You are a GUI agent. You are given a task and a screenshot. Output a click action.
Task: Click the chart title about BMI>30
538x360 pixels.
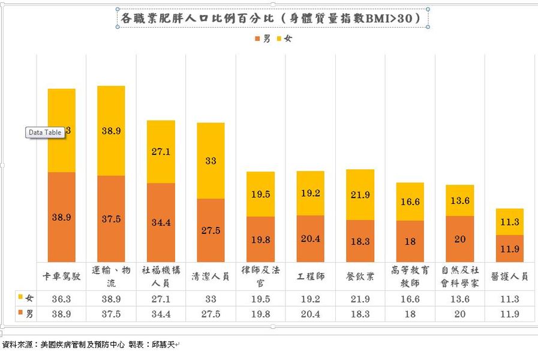pos(273,18)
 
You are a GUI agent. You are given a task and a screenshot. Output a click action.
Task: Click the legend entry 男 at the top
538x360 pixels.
pos(263,39)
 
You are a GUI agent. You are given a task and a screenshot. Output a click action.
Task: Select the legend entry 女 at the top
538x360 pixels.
pos(284,39)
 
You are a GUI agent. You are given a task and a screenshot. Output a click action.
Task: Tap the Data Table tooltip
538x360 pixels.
pos(45,133)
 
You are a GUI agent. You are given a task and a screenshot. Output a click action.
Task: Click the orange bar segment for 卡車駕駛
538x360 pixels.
pos(62,217)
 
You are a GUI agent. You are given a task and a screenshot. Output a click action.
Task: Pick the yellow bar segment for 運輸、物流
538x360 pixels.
pos(111,130)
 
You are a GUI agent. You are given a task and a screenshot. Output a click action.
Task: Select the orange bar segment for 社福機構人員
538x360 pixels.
pos(161,222)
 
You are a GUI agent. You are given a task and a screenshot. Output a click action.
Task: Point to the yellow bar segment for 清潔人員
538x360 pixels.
pos(211,161)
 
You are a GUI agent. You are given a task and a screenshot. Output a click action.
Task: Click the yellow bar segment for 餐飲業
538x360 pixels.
pos(360,196)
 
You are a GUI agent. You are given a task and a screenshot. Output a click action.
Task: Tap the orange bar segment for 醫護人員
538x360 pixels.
pos(509,248)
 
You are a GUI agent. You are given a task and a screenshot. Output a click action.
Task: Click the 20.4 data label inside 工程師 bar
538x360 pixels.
pos(310,239)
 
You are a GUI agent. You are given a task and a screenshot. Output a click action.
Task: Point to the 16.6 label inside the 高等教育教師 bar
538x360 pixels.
pos(410,202)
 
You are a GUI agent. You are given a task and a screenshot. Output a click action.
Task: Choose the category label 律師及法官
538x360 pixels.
pos(260,277)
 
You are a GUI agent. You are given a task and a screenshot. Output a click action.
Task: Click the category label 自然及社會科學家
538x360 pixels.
pos(459,277)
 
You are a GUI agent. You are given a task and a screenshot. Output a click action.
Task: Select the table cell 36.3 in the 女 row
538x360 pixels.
pos(62,299)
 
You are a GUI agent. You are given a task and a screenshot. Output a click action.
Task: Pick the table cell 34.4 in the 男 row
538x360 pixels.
pos(161,313)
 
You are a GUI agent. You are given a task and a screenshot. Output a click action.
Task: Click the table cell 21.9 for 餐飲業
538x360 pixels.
pos(360,299)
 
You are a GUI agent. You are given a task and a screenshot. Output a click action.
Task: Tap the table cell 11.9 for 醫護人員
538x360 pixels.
pos(509,313)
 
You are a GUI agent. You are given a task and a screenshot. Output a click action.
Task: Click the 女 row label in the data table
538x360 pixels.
pos(26,299)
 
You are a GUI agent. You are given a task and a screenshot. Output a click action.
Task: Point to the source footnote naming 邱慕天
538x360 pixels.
pos(90,345)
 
